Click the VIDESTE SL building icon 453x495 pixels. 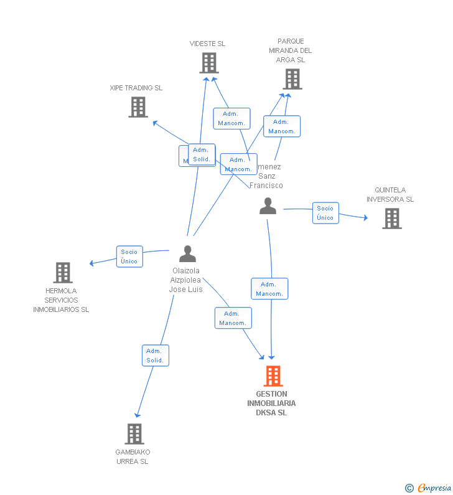click(x=209, y=63)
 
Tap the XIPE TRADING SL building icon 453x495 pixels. click(x=138, y=107)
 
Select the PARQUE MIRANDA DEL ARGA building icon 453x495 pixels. click(x=292, y=79)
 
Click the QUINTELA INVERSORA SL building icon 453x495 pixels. click(x=391, y=219)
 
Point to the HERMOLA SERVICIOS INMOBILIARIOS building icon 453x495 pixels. click(x=63, y=273)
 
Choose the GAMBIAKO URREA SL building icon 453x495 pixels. click(x=134, y=433)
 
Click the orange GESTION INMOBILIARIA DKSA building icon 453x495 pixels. click(x=273, y=376)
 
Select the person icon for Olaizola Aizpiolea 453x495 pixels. click(x=187, y=253)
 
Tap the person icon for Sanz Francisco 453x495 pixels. click(x=268, y=206)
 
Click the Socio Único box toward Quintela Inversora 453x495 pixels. click(x=325, y=213)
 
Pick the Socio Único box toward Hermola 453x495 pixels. click(x=129, y=257)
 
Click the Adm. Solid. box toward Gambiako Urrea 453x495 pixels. click(x=155, y=356)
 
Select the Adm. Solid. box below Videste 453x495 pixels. click(x=202, y=154)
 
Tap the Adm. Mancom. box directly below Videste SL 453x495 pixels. click(x=231, y=118)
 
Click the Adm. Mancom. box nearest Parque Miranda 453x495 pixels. click(x=282, y=126)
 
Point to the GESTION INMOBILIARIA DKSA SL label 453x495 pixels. click(x=271, y=403)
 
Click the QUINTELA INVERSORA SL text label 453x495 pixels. click(x=390, y=195)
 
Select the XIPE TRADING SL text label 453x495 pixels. click(x=136, y=88)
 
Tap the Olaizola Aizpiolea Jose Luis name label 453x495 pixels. click(x=185, y=280)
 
